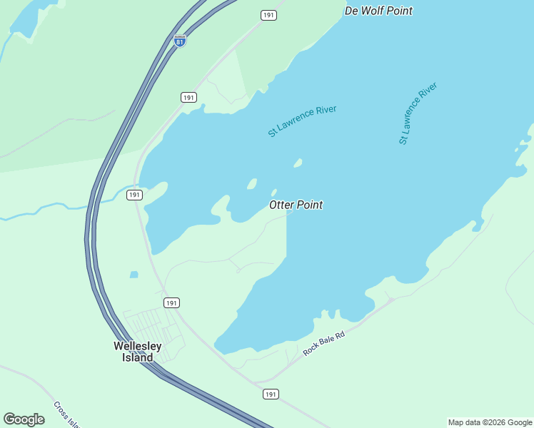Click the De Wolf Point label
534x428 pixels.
tap(378, 11)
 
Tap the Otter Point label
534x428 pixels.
tap(296, 205)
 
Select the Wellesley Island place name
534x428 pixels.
tap(138, 352)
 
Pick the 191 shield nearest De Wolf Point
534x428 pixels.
tap(268, 15)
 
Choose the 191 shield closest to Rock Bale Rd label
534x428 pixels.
tap(270, 394)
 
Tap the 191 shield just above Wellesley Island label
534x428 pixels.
tap(171, 303)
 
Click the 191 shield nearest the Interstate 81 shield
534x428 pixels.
tap(188, 97)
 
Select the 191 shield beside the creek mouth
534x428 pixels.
tap(135, 195)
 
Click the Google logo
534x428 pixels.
tap(24, 419)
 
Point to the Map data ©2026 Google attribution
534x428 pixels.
tap(490, 422)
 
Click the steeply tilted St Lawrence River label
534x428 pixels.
tap(418, 113)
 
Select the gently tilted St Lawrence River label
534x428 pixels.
tap(302, 121)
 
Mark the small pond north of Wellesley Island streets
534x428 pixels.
tap(133, 274)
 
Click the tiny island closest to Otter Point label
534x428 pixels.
tap(274, 192)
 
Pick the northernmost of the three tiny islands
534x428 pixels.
tap(298, 163)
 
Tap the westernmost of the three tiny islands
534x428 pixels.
tap(251, 184)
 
